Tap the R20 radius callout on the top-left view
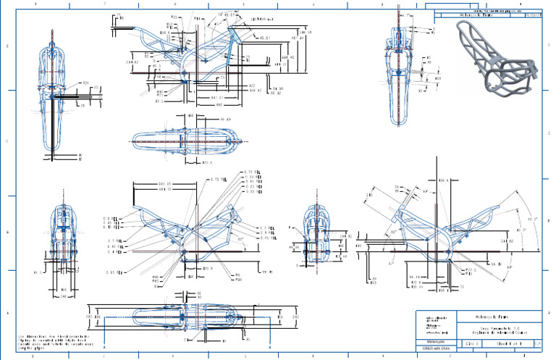tap(85, 83)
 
